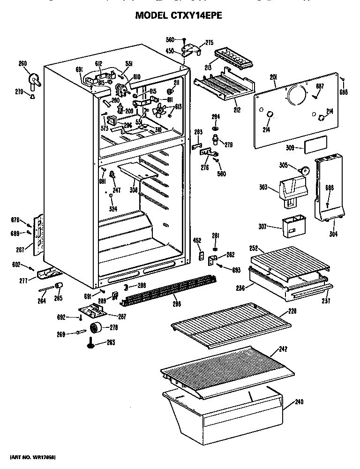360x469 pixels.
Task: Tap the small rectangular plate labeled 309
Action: (x=315, y=147)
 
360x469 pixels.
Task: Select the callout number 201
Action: (x=274, y=78)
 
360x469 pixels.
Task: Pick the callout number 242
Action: (x=283, y=348)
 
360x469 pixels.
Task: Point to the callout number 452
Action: (x=197, y=241)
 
